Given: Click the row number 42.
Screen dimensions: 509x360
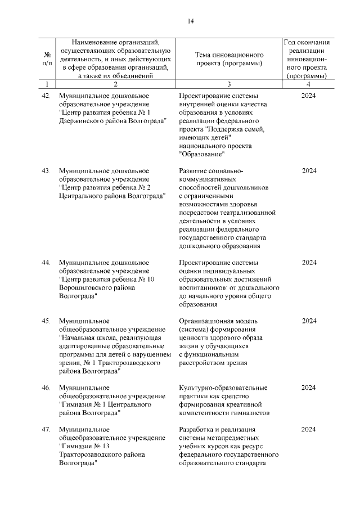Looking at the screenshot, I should click(x=47, y=96).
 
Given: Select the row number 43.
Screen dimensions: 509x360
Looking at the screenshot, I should click(x=47, y=170).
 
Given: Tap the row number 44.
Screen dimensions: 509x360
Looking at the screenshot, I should click(x=47, y=263).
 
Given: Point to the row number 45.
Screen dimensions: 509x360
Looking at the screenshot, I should click(x=47, y=321).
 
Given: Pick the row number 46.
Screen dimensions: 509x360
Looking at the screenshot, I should click(x=47, y=388).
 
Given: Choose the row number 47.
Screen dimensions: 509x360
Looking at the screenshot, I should click(x=47, y=430).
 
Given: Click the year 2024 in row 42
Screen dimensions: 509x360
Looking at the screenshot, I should click(x=309, y=96).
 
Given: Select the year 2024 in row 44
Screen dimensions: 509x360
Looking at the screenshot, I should click(x=309, y=263).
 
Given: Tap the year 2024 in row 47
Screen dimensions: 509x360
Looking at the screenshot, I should click(x=309, y=430).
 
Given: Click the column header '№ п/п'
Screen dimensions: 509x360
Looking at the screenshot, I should click(x=47, y=59).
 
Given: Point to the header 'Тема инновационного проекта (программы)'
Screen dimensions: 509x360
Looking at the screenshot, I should click(x=229, y=59).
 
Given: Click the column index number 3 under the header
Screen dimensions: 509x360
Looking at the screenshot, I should click(x=229, y=84).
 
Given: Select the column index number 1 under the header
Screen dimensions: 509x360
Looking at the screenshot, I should click(x=47, y=84).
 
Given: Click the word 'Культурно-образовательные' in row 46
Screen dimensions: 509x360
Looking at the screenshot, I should click(x=223, y=388).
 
